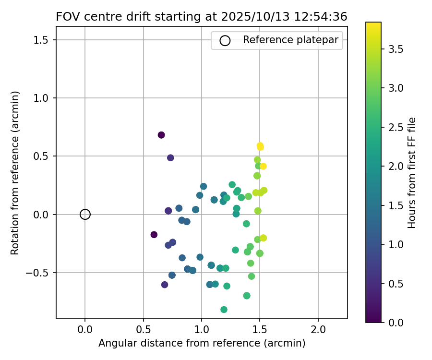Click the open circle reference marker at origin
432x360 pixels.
pos(85,215)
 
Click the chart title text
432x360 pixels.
pos(202,16)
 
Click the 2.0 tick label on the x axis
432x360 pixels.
pos(318,330)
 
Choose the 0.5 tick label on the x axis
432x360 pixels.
pos(143,330)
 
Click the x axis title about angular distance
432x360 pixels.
pos(202,343)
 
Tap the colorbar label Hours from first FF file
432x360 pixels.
pos(411,172)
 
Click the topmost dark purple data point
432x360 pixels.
pos(161,135)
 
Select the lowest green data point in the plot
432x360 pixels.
pos(224,310)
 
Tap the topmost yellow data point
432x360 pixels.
pos(260,145)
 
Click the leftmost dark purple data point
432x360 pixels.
pos(154,235)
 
